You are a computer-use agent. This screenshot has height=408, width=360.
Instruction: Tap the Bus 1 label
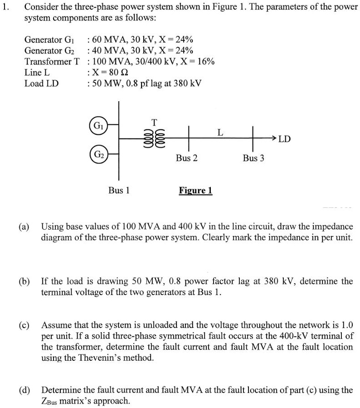(x=119, y=191)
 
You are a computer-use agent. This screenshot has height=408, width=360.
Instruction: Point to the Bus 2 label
(x=187, y=158)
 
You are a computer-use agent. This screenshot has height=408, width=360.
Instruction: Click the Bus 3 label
(x=253, y=158)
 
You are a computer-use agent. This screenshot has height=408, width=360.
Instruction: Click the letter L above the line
(x=220, y=133)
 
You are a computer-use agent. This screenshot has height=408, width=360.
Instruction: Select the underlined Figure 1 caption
(x=195, y=191)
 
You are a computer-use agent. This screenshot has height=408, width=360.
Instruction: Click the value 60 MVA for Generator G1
(x=109, y=39)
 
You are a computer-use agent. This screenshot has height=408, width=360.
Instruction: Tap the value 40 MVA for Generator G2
(x=109, y=50)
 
